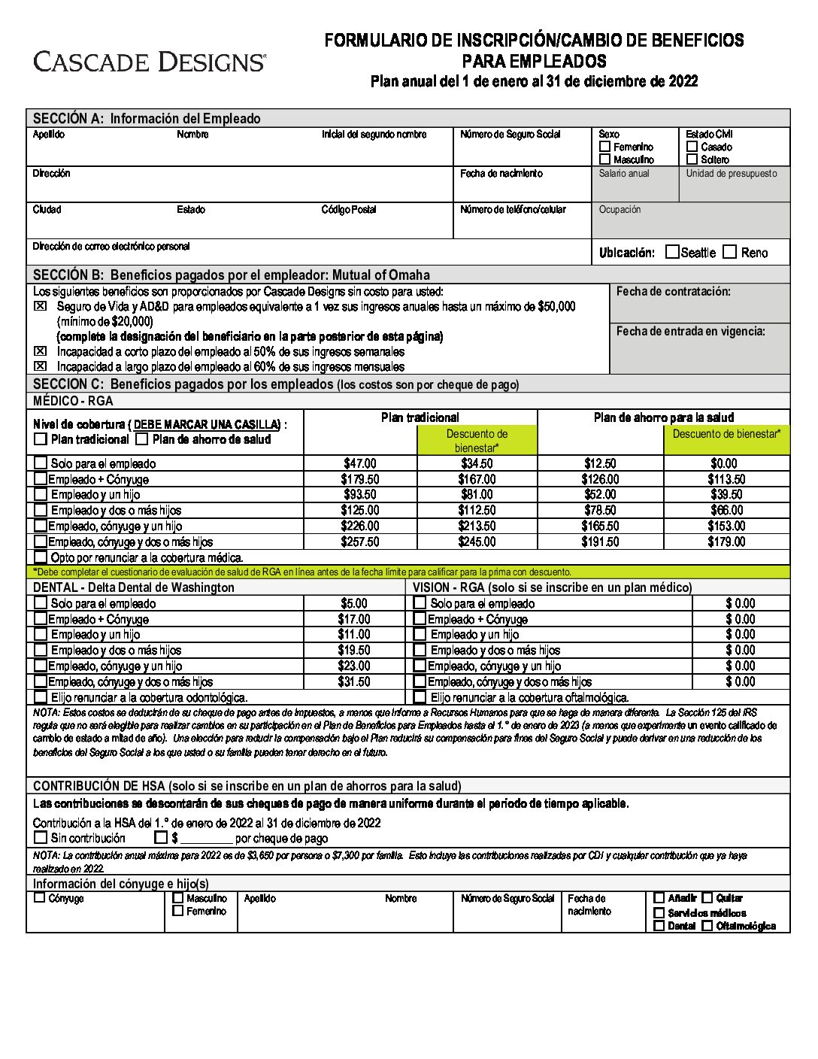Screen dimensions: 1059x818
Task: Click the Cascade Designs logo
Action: [149, 62]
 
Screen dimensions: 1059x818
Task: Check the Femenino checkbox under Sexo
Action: [605, 147]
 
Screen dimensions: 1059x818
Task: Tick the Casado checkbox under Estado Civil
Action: [692, 147]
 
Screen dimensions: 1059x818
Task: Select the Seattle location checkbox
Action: [672, 252]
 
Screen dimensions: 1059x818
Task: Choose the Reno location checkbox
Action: [729, 252]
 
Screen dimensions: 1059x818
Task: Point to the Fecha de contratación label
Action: [673, 292]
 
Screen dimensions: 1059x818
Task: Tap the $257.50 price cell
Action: [360, 542]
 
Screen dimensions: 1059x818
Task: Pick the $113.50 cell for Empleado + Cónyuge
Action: [726, 479]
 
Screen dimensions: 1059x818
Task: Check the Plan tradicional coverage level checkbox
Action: [41, 439]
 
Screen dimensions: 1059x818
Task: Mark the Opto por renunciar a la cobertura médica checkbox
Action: [41, 557]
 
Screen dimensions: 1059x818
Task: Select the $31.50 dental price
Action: [353, 681]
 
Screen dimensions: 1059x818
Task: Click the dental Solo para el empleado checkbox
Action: [41, 603]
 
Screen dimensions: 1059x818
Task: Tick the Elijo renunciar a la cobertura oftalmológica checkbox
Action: [420, 697]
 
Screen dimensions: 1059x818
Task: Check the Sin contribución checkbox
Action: [41, 837]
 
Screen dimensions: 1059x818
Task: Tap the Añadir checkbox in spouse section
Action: [659, 898]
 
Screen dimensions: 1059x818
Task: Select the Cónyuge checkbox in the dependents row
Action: [40, 898]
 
